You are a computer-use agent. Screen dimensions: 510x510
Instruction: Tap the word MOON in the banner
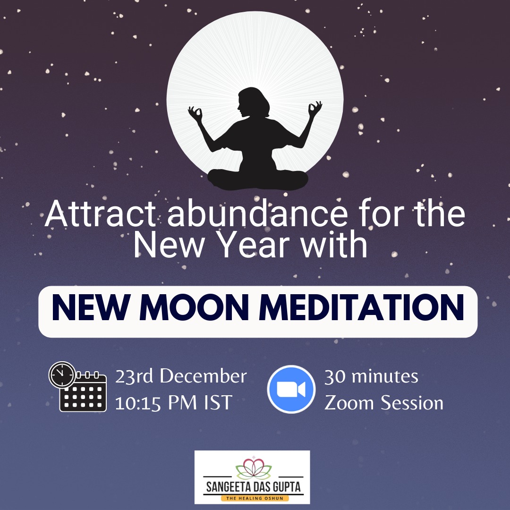point(196,307)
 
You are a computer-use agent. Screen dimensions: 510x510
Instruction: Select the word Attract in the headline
point(100,214)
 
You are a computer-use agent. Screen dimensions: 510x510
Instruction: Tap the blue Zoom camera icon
point(291,389)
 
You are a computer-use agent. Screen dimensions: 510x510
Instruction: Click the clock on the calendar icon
point(62,374)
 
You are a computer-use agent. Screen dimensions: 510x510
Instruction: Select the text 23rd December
point(181,376)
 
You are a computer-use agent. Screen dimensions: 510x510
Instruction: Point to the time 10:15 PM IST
point(174,402)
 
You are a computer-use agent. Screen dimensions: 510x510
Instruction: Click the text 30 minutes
point(371,376)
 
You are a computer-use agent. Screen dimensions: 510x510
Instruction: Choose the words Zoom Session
point(384,403)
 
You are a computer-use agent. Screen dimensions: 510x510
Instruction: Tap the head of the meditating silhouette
point(253,102)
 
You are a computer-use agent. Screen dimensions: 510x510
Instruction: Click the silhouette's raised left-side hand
point(195,113)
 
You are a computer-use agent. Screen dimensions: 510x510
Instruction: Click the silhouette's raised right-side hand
point(315,109)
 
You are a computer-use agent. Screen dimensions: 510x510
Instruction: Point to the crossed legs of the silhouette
point(258,179)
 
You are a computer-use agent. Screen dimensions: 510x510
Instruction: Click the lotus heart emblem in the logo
point(254,468)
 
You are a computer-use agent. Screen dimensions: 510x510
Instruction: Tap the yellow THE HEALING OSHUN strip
point(255,498)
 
